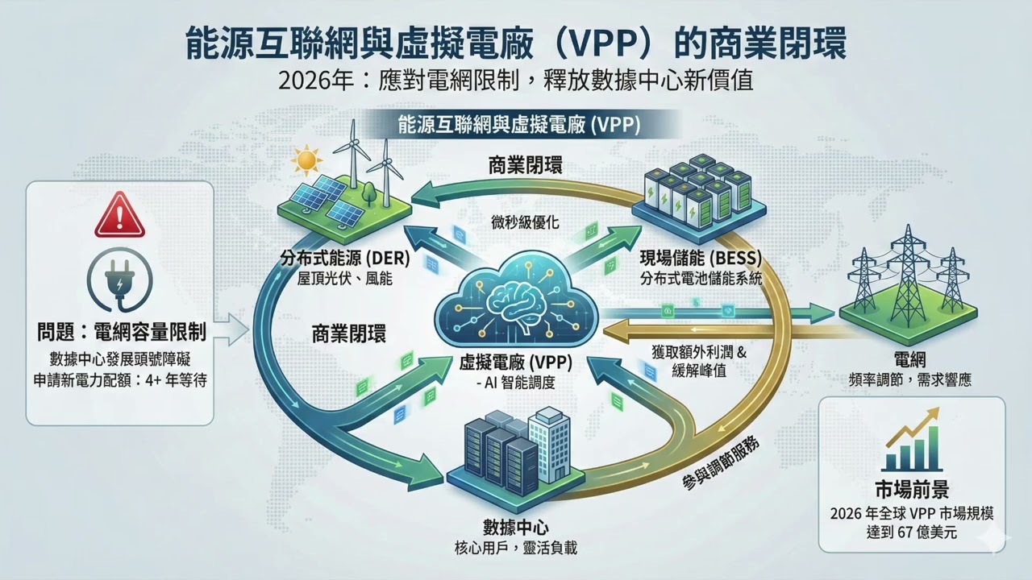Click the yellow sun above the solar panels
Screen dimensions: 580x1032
(x=307, y=159)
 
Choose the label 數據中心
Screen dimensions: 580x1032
(x=515, y=528)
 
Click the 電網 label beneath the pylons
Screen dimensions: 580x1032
(x=909, y=358)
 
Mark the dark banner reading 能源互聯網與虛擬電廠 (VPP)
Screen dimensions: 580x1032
(x=518, y=126)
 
